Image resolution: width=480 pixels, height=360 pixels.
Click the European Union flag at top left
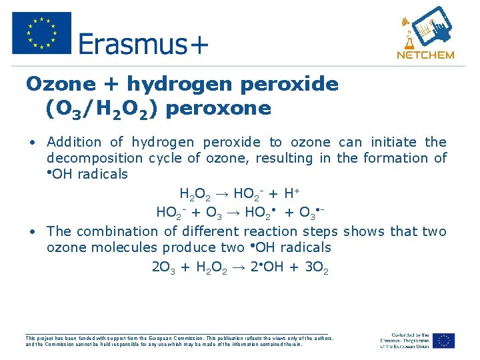tap(41, 33)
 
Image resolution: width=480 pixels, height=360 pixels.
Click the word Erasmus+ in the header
tap(143, 44)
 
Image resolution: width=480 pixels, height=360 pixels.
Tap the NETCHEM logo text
tap(425, 55)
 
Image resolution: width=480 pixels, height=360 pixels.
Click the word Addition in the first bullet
tap(74, 142)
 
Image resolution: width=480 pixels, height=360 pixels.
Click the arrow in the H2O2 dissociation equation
tap(222, 194)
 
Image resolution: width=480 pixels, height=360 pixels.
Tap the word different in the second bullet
tap(211, 231)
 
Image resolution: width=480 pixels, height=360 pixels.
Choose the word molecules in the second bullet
tap(123, 247)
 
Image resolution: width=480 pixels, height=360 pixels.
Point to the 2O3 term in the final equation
tap(163, 268)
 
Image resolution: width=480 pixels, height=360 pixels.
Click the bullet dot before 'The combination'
tap(32, 231)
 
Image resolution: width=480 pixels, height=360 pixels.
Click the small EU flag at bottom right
tap(443, 340)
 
